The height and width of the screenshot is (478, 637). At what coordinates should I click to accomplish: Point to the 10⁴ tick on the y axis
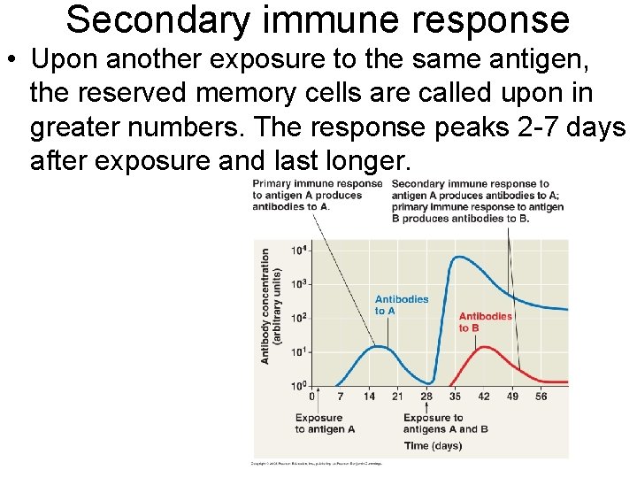click(300, 251)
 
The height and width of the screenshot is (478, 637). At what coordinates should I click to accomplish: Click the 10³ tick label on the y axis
click(300, 284)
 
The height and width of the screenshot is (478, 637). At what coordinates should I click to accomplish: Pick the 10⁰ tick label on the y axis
click(300, 386)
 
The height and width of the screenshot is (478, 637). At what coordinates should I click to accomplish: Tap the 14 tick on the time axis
click(369, 397)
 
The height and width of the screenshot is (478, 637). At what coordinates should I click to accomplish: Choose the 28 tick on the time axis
click(426, 397)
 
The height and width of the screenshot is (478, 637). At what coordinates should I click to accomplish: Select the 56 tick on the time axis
click(541, 397)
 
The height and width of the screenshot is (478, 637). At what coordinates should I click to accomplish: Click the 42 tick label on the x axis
click(483, 397)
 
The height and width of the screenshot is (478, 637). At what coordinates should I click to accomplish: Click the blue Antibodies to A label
click(401, 305)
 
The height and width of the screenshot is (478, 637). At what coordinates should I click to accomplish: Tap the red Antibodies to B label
click(485, 322)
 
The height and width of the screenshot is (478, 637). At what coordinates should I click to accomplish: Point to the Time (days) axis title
click(433, 446)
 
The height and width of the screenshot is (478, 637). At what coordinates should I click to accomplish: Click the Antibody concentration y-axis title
click(271, 305)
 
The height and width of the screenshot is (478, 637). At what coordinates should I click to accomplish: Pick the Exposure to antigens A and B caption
click(445, 424)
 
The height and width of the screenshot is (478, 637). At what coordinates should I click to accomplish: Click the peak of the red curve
click(485, 347)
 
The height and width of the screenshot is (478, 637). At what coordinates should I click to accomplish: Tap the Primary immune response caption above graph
click(317, 195)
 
